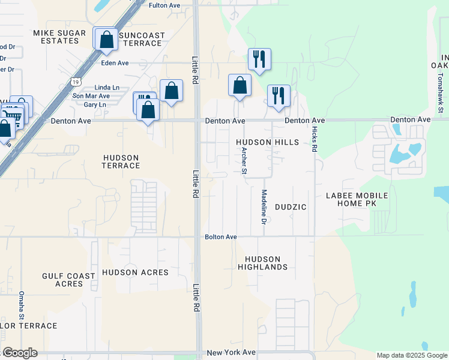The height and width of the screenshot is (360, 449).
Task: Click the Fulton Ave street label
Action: coord(164,5)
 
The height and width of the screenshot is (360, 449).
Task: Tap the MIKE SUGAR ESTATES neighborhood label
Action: coord(56,37)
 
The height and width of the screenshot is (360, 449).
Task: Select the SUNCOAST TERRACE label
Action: coord(142,39)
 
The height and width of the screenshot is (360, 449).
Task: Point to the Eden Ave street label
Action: coord(115,63)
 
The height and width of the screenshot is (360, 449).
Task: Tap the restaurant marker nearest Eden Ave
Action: coord(259,59)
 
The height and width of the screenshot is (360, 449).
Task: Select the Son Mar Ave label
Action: coord(91,96)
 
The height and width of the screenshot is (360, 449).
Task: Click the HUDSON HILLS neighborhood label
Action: coord(267,142)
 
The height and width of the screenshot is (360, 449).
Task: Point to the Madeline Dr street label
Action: coord(264,207)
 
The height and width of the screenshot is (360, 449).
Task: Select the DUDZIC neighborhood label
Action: coord(291,207)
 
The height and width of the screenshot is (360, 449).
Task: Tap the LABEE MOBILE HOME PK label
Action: coord(357,199)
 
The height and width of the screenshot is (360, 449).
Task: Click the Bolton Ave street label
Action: coord(221,237)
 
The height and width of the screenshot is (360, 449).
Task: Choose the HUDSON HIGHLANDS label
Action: coord(262,263)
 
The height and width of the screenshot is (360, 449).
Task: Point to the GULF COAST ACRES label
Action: coord(68,280)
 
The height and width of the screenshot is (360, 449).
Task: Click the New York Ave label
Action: coord(231,353)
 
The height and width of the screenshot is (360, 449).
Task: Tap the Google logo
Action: coord(20,353)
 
